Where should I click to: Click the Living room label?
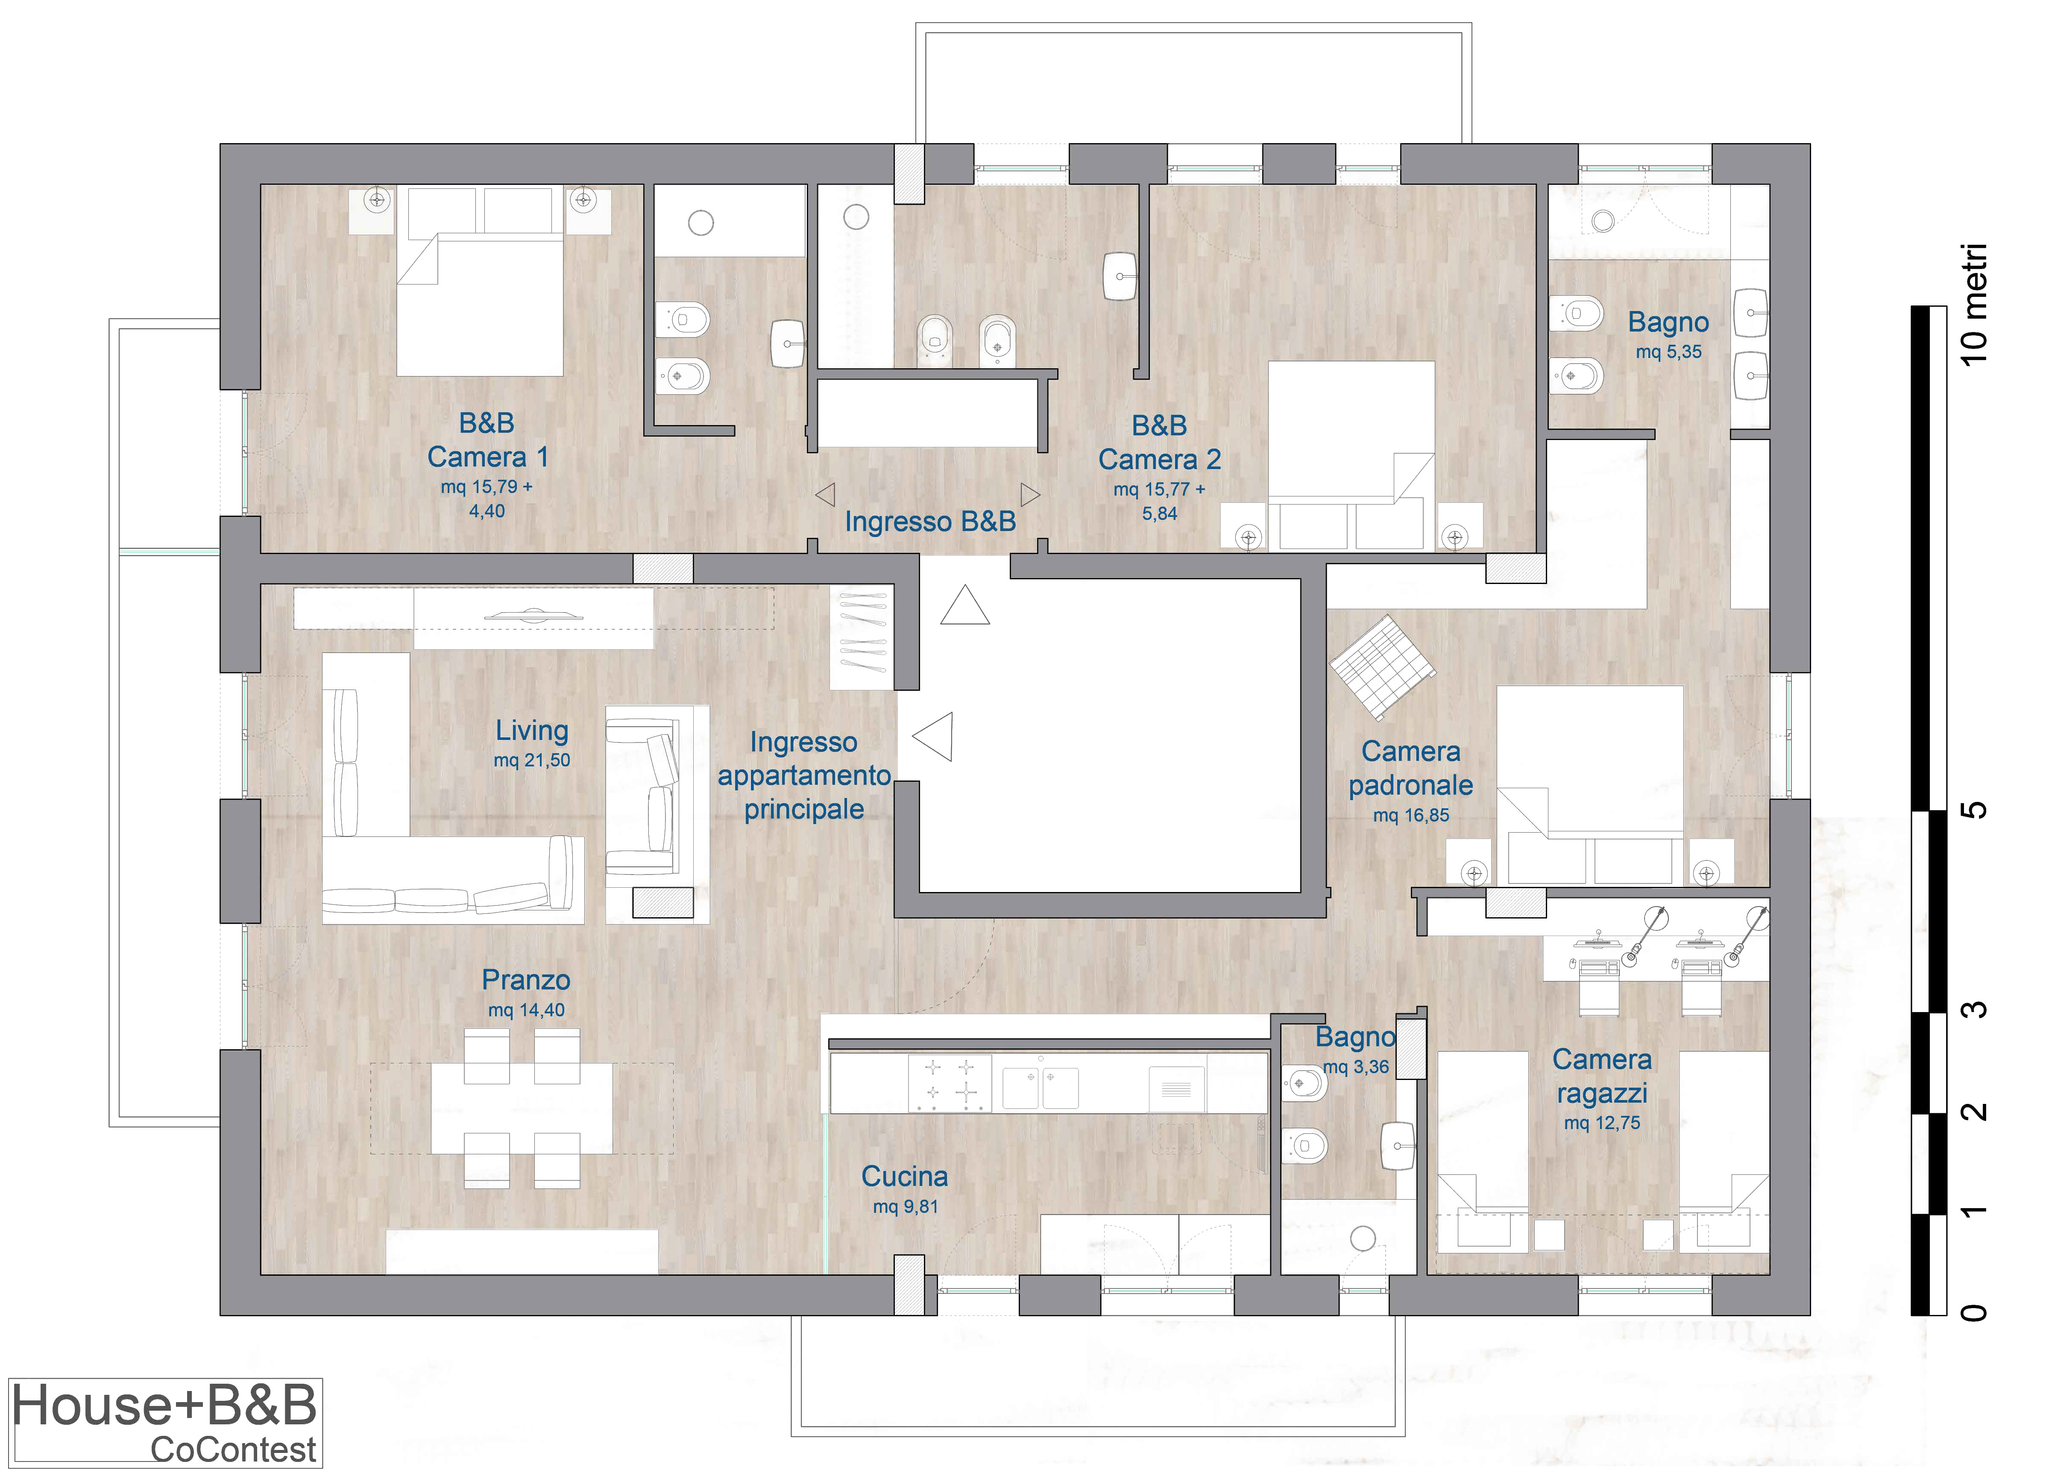pos(532,731)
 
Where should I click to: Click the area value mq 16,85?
pos(1410,816)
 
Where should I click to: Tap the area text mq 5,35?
pos(1668,352)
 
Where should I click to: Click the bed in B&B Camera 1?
pos(481,282)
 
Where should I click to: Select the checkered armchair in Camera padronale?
pos(1381,667)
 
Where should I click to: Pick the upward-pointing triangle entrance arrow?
pos(964,605)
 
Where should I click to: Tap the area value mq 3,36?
pos(1355,1067)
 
